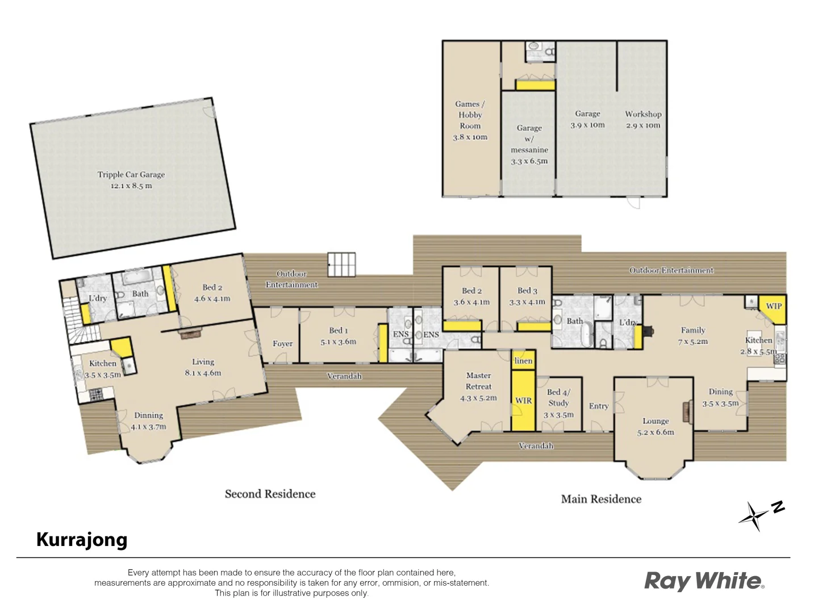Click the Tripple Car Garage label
coord(131,180)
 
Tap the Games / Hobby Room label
coord(470,120)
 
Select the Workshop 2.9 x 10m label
coord(643,120)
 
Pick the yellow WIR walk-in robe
coord(523,401)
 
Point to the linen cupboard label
coord(523,361)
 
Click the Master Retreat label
coord(478,387)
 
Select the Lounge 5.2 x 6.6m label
coord(656,426)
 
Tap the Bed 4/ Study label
coord(558,403)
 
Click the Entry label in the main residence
coord(599,406)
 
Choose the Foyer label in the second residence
coord(282,343)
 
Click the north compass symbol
coord(758,514)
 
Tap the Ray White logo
coord(704,581)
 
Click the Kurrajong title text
coord(82,539)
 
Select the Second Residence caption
coord(270,494)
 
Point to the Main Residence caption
coord(601,499)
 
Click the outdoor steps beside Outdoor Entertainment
coord(341,264)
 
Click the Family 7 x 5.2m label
coord(692,335)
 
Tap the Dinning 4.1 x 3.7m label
coord(148,421)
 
